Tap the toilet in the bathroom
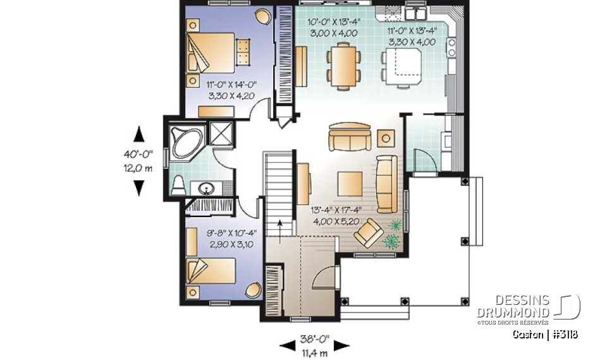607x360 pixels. (180, 185)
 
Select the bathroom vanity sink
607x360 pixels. (207, 188)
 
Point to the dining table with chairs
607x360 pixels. (345, 64)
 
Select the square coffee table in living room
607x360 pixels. (350, 183)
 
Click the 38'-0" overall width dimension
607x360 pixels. (314, 344)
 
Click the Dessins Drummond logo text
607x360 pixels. (513, 307)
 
